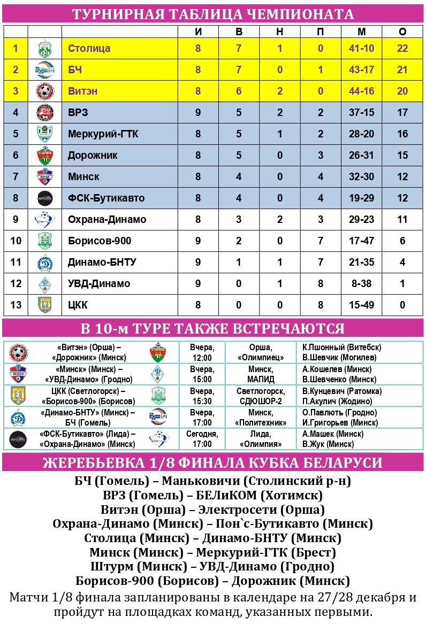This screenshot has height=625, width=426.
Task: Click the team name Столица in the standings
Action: [x=89, y=49]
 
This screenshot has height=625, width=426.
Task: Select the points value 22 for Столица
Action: [x=402, y=49]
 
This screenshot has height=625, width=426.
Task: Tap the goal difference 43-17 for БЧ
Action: [x=361, y=70]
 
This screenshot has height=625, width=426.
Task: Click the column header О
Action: [x=402, y=32]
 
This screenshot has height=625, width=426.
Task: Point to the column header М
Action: [x=361, y=32]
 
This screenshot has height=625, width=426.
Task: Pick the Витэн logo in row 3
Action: [x=44, y=91]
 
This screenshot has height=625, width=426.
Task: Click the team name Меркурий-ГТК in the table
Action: [x=103, y=134]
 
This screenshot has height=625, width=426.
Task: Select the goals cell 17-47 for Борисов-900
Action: [x=361, y=241]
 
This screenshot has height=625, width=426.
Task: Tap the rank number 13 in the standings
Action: [x=16, y=305]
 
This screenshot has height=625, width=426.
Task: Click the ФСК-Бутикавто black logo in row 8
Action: [x=44, y=198]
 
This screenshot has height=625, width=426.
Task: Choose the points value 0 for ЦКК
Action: [x=402, y=305]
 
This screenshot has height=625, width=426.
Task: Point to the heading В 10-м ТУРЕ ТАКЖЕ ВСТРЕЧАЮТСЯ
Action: [x=212, y=328]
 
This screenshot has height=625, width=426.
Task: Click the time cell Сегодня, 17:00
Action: [x=201, y=439]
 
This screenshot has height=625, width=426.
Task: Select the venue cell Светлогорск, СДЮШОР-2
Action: [x=261, y=396]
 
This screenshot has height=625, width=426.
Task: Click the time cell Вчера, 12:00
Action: [x=201, y=352]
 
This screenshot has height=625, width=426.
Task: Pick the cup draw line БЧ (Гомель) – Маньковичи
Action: [x=212, y=481]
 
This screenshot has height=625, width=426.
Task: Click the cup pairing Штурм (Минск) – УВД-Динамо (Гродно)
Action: [x=212, y=566]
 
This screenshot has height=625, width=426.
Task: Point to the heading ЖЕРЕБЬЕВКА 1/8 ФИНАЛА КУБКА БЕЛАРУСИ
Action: [x=212, y=462]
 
